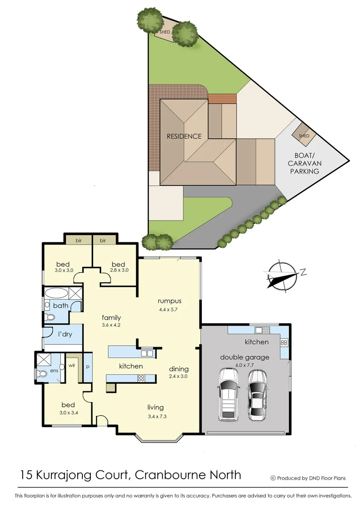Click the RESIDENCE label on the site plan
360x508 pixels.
coord(184,136)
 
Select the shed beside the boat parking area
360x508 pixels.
coord(304,135)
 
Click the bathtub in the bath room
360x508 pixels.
coord(57,293)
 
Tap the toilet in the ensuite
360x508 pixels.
coord(43,374)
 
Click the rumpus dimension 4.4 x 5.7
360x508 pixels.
coord(169,310)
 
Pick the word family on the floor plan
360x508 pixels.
coord(112,317)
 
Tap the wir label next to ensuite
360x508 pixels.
coord(72,365)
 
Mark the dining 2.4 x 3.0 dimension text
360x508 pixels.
coord(179,376)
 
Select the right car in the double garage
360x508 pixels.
coord(257,394)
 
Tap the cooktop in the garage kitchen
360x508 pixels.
coord(284,343)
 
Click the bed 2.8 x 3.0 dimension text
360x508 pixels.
coord(119,270)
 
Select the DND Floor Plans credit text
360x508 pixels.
coord(311,478)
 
